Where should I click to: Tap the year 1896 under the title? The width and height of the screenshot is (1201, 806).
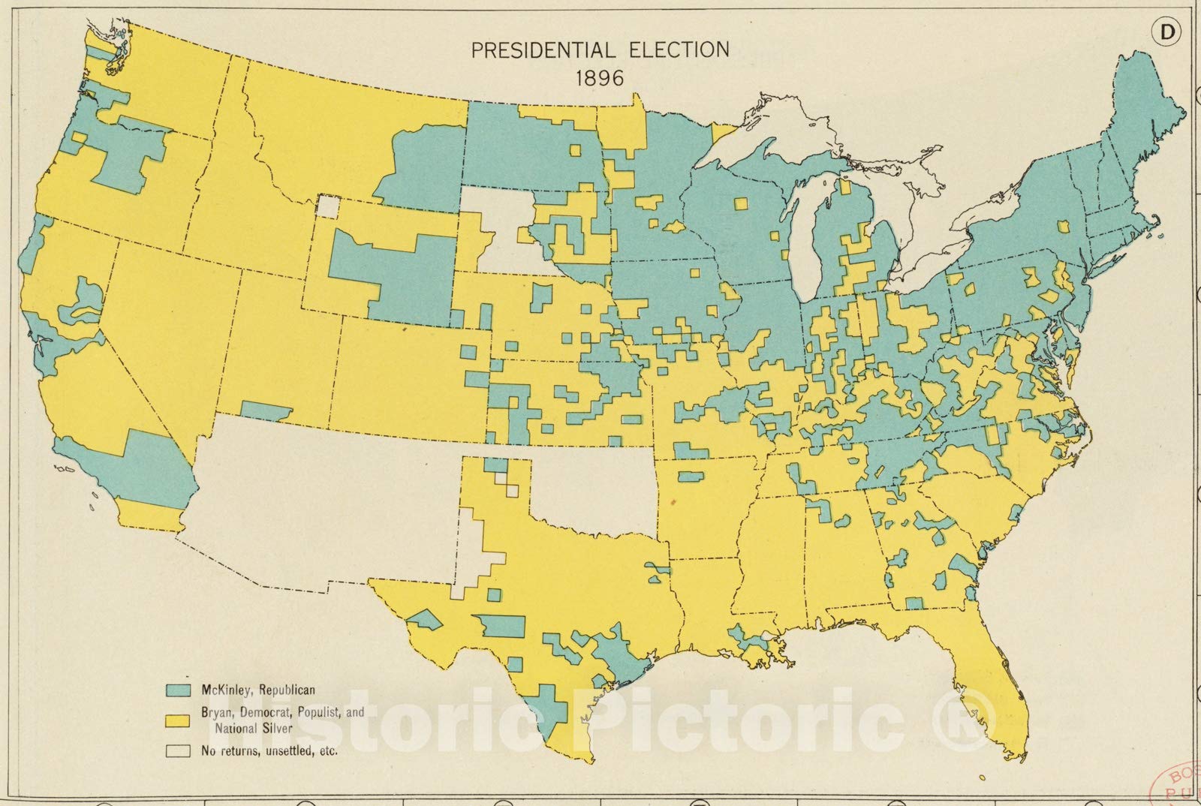pos(598,77)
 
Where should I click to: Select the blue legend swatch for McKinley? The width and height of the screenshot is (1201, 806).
pos(179,690)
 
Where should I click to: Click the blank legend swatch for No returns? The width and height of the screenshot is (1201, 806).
pos(179,750)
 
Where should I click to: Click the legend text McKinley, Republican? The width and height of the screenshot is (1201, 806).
pos(257,690)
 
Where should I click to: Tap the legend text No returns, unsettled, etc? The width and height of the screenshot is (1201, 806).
pos(269,750)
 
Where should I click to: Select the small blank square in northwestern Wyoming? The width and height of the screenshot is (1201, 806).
pos(327,206)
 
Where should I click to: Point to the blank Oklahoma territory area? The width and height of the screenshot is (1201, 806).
pos(593,488)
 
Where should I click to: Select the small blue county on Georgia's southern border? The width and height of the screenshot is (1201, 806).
pos(914,603)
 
